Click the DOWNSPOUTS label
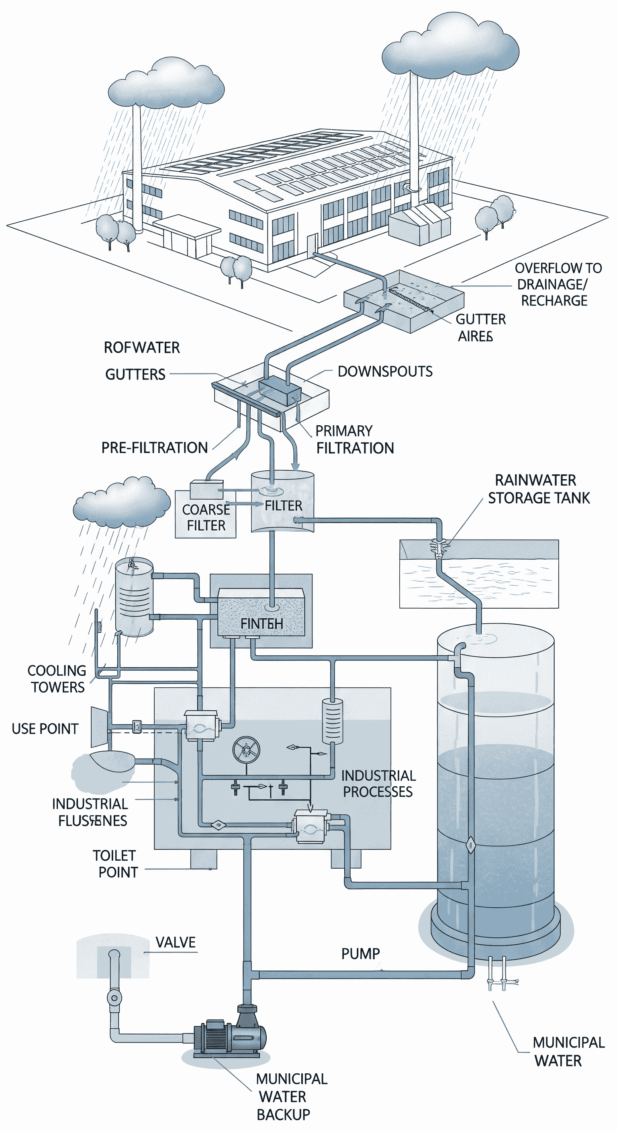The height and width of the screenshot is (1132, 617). point(385,371)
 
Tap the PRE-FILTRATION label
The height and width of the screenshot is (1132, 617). point(154,447)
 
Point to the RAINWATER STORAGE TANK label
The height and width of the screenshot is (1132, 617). point(538,489)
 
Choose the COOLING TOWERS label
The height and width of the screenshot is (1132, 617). point(57,679)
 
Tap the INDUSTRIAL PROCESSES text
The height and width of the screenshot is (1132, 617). point(378,783)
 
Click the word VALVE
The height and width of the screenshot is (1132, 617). point(175,942)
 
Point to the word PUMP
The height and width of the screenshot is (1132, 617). point(360,954)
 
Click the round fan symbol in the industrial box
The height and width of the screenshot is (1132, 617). point(246,750)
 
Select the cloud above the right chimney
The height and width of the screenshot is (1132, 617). point(450,46)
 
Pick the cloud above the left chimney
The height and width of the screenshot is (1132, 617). point(166,85)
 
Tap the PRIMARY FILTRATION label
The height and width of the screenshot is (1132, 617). point(354,439)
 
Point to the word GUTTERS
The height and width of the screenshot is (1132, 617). point(135,374)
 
